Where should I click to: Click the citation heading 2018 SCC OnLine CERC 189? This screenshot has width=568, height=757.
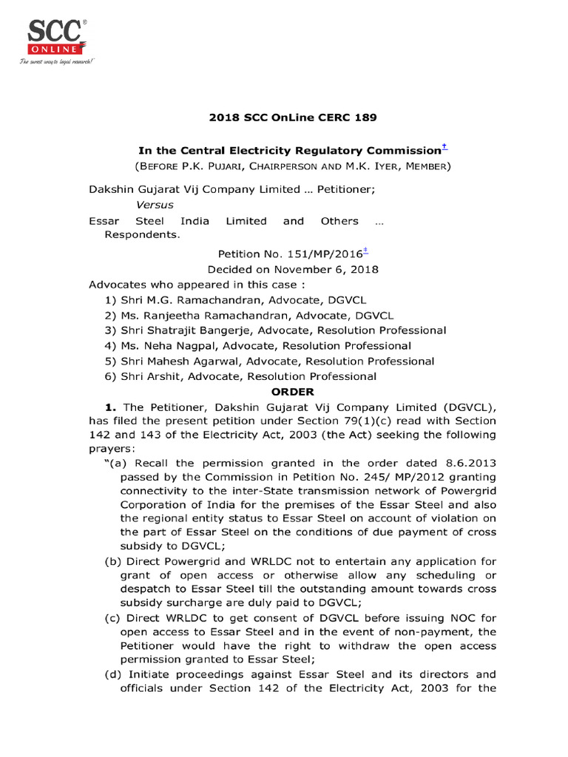coord(283,117)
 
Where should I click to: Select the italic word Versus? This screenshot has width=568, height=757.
coord(155,205)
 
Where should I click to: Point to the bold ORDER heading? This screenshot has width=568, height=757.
coord(294,392)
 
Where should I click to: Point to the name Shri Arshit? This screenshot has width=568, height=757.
coord(151,377)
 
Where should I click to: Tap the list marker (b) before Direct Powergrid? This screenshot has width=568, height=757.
coord(115,561)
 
